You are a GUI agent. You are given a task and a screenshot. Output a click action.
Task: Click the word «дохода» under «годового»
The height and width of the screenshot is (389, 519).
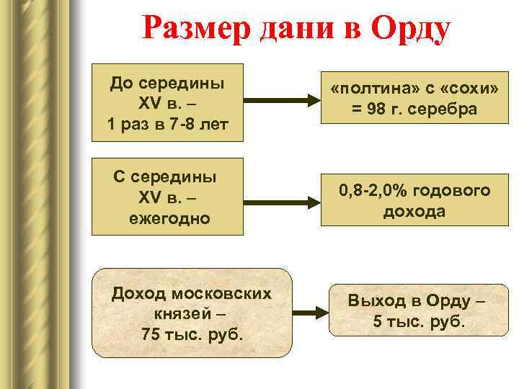tap(414, 211)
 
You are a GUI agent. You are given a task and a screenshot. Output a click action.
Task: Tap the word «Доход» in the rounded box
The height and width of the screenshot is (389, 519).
tap(139, 293)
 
